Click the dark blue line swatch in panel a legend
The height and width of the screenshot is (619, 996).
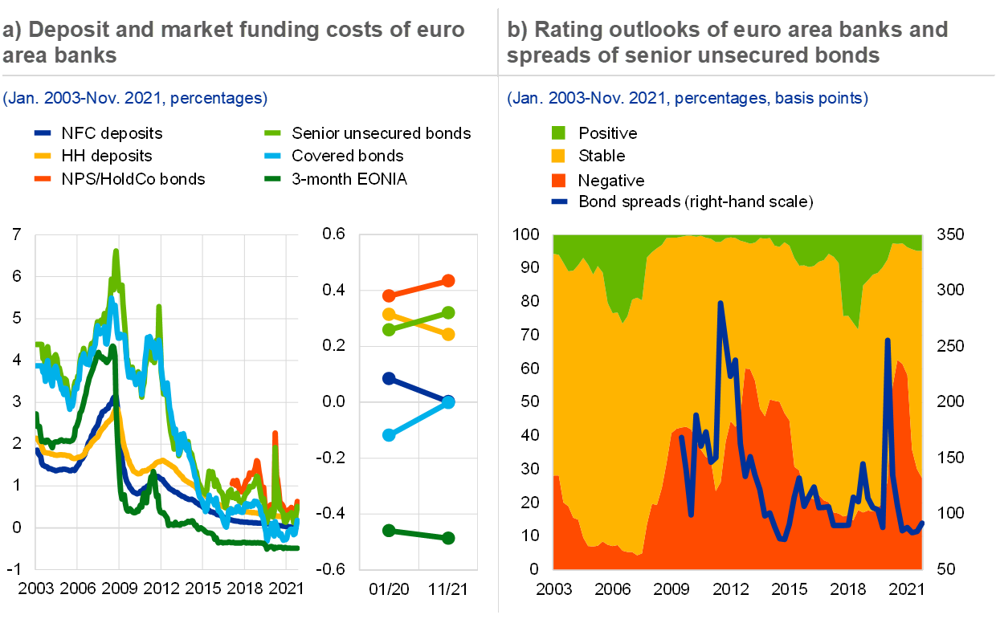tap(43, 133)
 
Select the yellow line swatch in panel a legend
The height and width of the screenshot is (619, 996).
tap(43, 156)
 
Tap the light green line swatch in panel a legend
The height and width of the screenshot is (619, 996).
tap(273, 133)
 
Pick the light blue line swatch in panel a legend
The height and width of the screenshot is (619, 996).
tap(273, 156)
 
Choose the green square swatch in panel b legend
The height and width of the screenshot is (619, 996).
tap(558, 133)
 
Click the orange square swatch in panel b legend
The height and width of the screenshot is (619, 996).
tap(558, 180)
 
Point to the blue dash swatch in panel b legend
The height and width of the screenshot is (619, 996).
tap(559, 202)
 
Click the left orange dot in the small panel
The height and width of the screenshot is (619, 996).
tap(390, 295)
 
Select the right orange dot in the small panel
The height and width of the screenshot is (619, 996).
tap(448, 280)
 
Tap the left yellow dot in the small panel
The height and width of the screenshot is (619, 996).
tap(390, 314)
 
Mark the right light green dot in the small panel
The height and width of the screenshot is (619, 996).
tap(448, 312)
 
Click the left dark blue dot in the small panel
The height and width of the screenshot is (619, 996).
tap(390, 378)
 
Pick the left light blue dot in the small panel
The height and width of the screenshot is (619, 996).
tap(390, 435)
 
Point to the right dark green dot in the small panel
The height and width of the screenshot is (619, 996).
tap(448, 538)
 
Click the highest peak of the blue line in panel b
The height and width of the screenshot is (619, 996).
tap(720, 303)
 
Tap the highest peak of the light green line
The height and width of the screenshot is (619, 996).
tap(116, 251)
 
